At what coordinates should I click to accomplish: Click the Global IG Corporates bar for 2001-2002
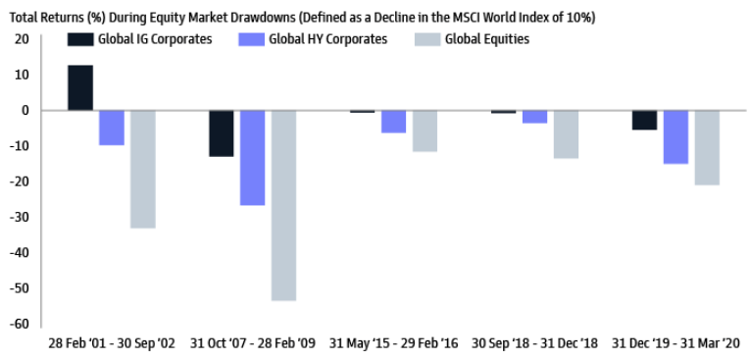(x=80, y=88)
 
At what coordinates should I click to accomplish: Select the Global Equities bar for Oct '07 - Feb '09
(x=283, y=205)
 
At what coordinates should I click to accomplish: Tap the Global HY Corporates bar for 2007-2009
(x=252, y=157)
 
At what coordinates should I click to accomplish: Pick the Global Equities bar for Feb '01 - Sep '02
(x=143, y=169)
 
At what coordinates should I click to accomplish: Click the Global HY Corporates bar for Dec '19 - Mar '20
(x=676, y=136)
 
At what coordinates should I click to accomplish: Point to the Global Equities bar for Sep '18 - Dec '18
(x=566, y=133)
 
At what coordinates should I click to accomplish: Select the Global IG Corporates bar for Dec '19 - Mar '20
(x=644, y=120)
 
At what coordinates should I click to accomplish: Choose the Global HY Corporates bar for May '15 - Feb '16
(x=393, y=121)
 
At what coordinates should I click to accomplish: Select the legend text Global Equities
(x=486, y=39)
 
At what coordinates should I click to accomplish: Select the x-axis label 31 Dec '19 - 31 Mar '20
(x=676, y=344)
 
